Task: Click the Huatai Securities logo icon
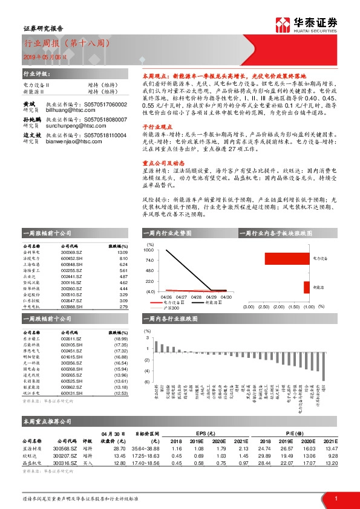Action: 284,24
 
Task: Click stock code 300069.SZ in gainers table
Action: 71,252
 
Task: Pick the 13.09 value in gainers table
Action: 123,252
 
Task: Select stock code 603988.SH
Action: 71,306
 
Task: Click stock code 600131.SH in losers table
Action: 71,393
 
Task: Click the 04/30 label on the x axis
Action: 226,297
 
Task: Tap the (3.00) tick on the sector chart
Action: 248,307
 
